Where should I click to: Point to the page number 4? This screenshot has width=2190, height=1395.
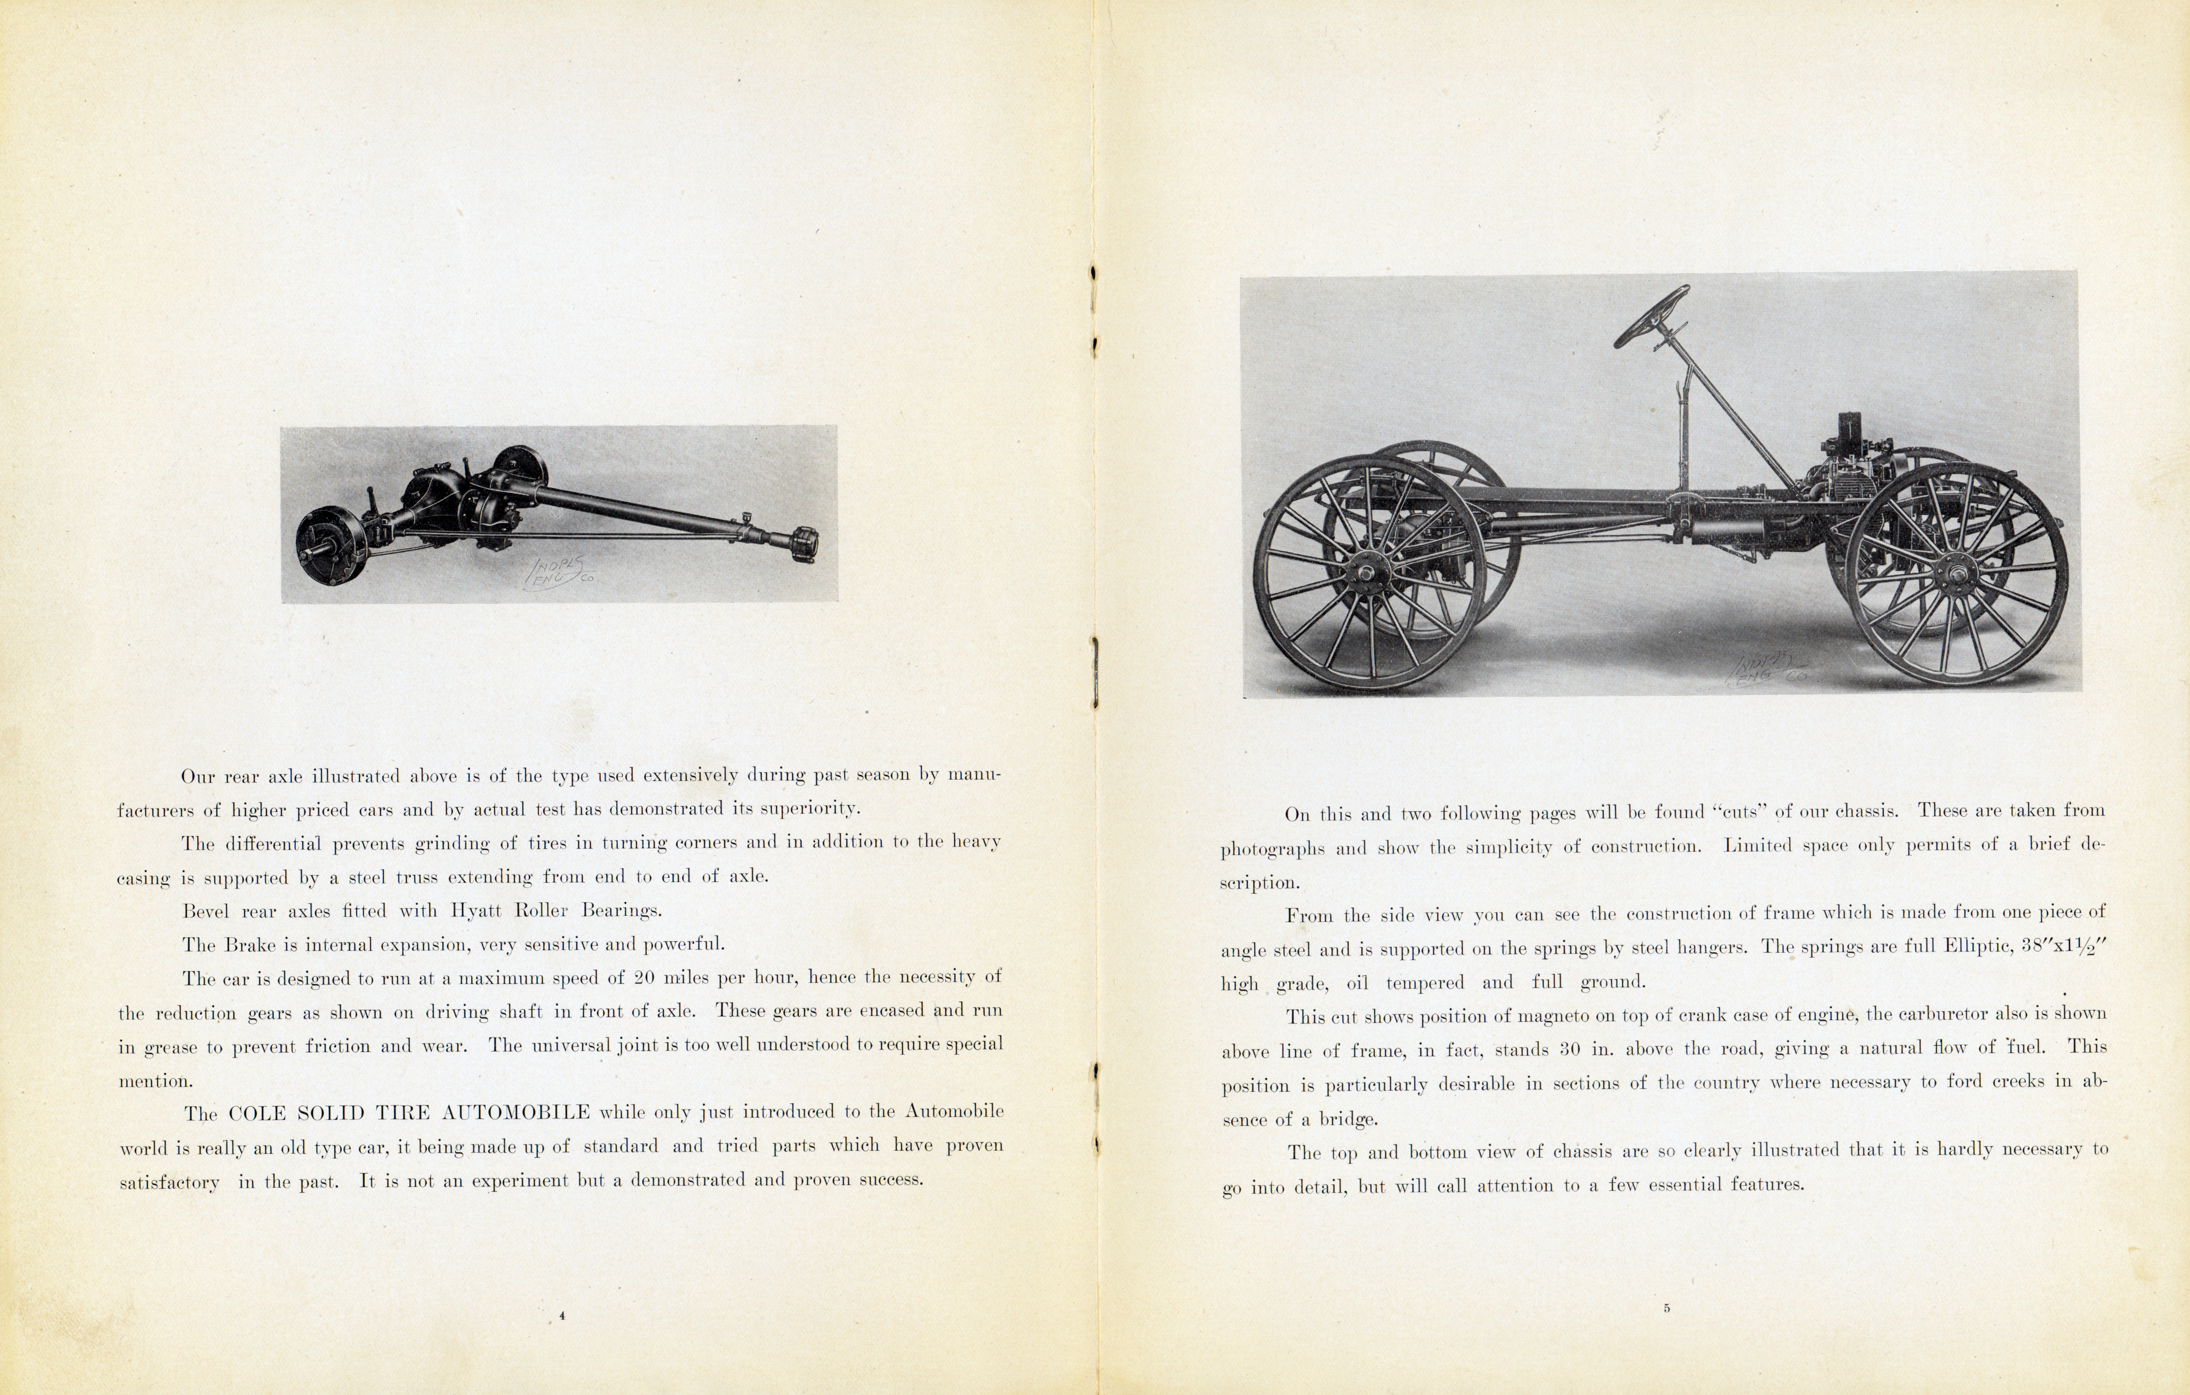562,1315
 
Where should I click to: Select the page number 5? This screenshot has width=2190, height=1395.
1666,1308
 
